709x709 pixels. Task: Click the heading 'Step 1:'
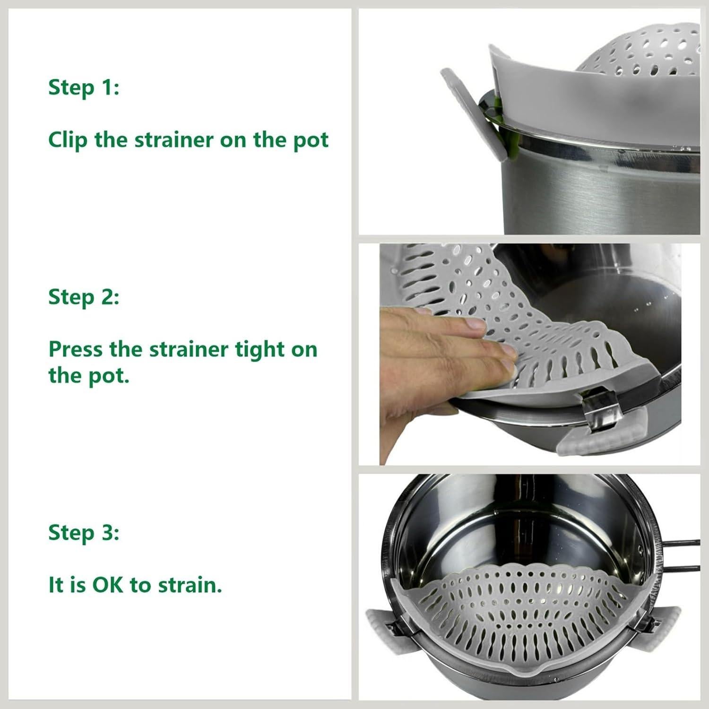click(84, 88)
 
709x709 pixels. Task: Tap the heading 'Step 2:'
click(84, 297)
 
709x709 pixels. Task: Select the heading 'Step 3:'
click(84, 533)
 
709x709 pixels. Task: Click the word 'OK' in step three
click(108, 585)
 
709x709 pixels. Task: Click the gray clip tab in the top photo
click(466, 113)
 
